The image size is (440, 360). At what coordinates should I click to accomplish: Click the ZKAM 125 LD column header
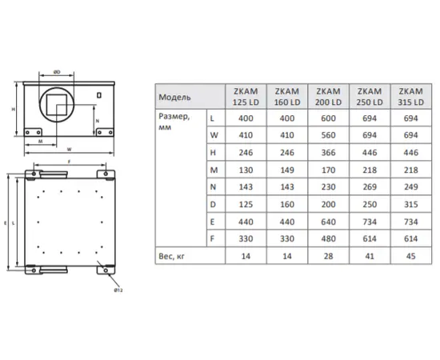click(246, 97)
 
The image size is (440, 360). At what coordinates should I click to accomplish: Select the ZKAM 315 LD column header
click(411, 97)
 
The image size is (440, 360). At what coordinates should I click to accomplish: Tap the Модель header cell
click(174, 98)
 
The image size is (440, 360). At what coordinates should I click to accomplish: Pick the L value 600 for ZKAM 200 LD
click(328, 118)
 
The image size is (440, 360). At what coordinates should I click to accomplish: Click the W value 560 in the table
click(328, 135)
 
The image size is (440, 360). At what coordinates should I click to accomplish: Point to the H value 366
click(328, 153)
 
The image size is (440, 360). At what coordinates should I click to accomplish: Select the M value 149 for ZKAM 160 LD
click(287, 170)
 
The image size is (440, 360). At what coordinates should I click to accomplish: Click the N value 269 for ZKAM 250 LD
click(370, 187)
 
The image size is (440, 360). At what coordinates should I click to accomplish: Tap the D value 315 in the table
click(411, 204)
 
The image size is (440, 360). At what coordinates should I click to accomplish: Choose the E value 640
click(328, 222)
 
